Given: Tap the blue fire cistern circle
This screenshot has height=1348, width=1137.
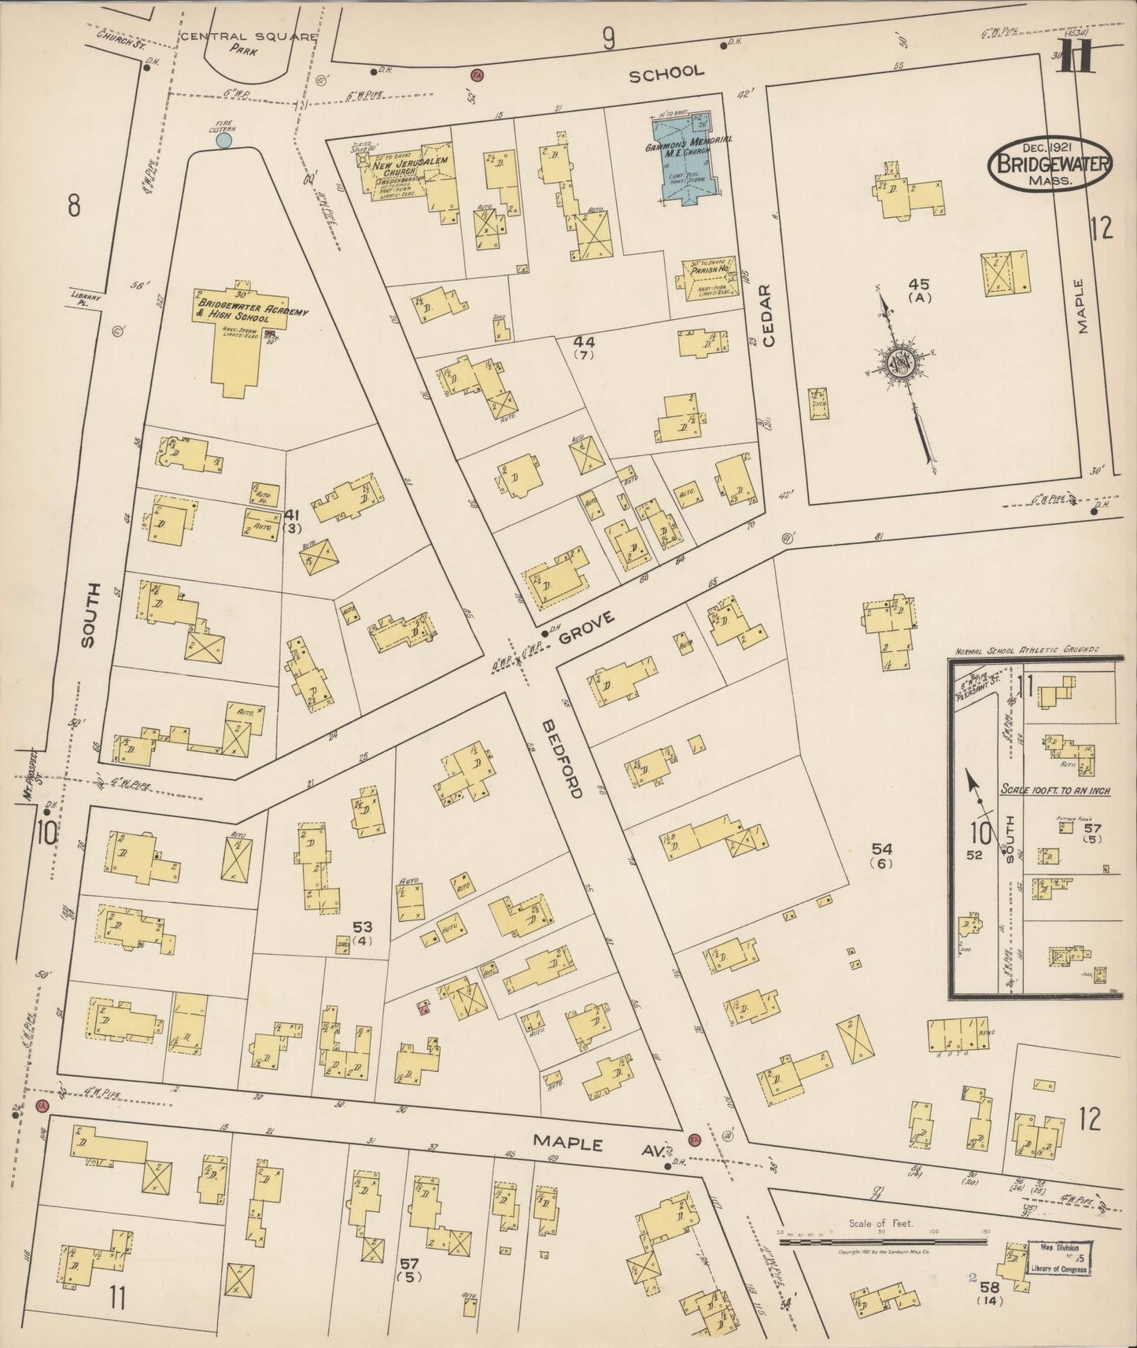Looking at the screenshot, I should coord(223,141).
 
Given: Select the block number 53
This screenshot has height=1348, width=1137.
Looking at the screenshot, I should coord(362,927).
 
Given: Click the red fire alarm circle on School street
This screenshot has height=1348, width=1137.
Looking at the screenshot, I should coord(476,76).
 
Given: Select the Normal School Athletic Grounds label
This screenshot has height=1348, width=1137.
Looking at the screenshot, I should coord(1027,652).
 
